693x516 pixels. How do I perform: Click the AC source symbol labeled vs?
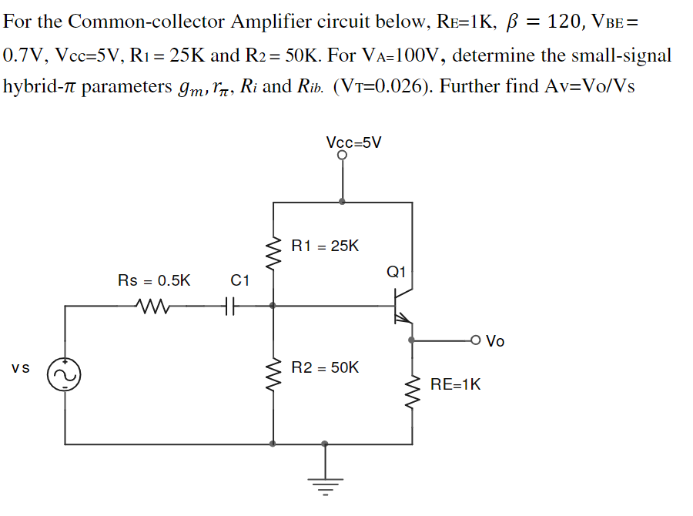[65, 375]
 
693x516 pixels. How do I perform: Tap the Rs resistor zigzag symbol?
[154, 306]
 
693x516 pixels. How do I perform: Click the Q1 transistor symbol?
[401, 306]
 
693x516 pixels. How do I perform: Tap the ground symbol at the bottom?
[325, 483]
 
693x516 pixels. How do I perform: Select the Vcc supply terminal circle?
[342, 156]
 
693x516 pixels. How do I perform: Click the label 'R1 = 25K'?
[325, 246]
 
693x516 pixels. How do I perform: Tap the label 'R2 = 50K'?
[325, 367]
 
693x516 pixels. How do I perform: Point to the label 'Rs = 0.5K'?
[154, 280]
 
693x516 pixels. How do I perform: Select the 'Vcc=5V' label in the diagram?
[353, 142]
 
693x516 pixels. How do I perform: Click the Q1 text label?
[397, 271]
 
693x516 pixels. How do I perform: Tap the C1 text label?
[239, 280]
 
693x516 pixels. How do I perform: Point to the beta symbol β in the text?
[508, 22]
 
